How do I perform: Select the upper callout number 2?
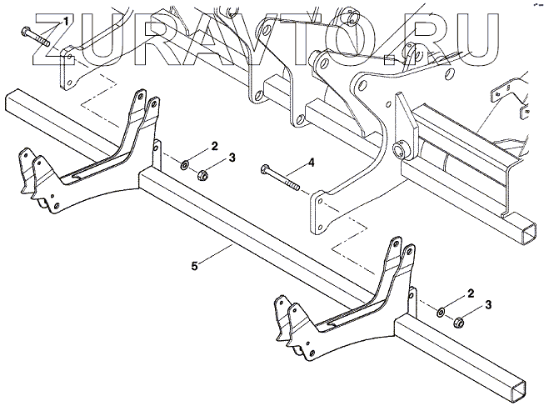214,147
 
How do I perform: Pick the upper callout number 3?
232,158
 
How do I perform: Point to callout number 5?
194,267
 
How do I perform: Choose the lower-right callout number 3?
488,306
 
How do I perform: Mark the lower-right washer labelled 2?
440,312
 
